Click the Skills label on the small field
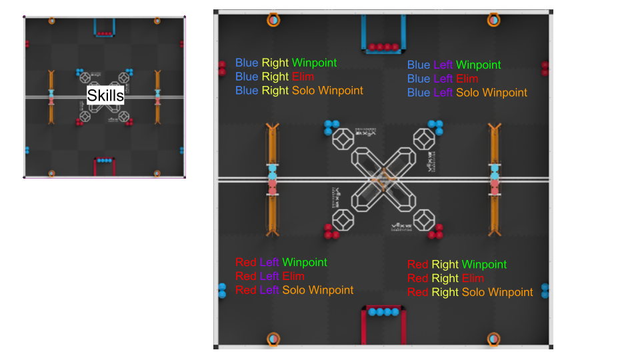pos(105,95)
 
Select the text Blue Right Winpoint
pos(286,63)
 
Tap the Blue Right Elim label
pos(275,77)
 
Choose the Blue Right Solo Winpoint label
pos(299,91)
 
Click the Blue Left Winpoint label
pos(454,65)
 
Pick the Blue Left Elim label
pos(443,79)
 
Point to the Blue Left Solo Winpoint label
pos(467,93)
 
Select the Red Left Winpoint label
pos(281,263)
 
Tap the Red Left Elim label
pos(270,276)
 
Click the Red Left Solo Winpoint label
pos(294,290)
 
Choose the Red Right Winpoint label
pos(457,265)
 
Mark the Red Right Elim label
pos(446,279)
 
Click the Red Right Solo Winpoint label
pos(470,292)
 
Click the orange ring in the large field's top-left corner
pos(273,19)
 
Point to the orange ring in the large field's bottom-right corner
pos(493,339)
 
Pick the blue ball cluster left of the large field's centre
pos(331,127)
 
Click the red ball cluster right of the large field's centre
pos(436,231)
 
